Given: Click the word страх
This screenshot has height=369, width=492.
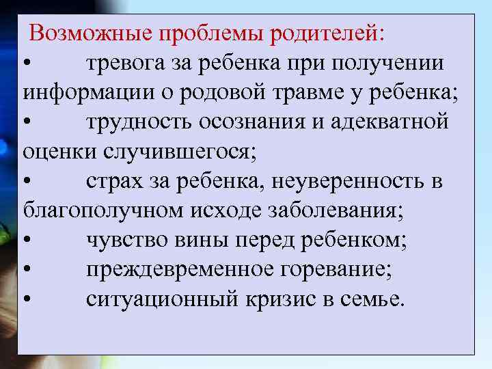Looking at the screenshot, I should point(109,181).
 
